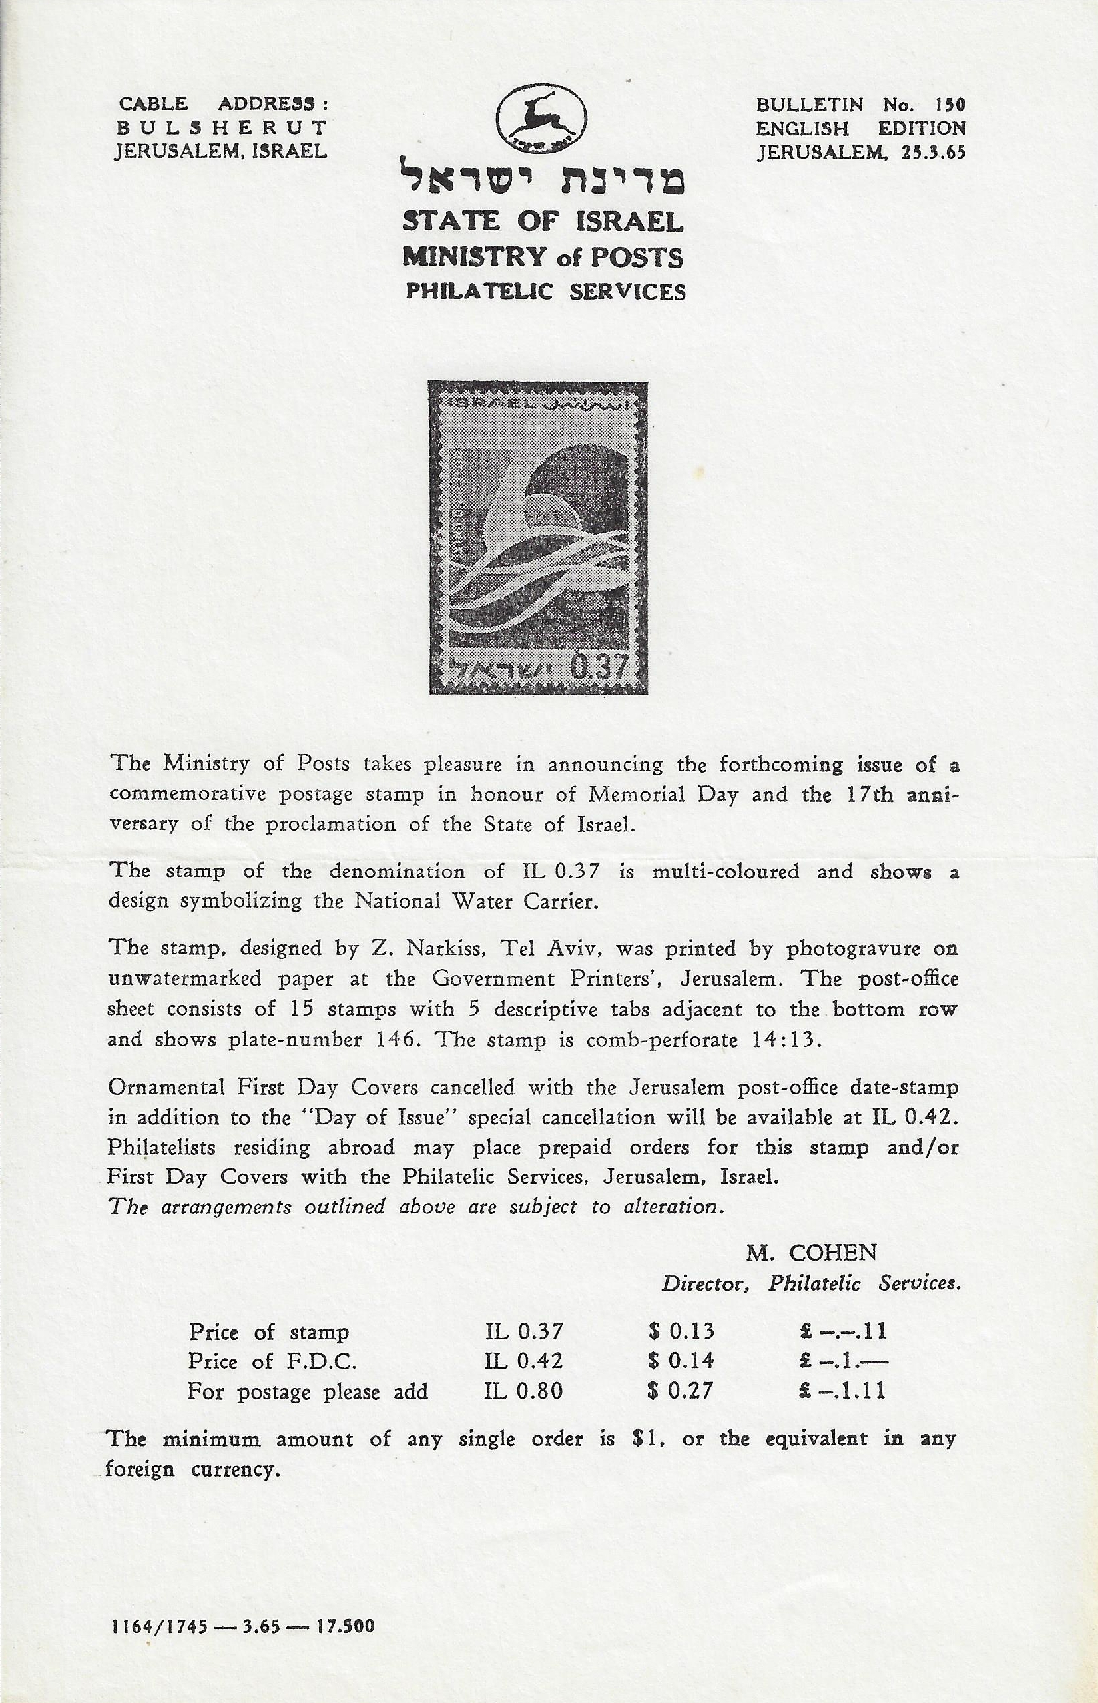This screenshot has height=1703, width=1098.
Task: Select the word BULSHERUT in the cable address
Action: (221, 128)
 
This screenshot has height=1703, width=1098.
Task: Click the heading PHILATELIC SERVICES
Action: (545, 292)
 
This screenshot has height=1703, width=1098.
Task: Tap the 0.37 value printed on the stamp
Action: (599, 669)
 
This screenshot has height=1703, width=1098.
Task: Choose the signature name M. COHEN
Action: (812, 1252)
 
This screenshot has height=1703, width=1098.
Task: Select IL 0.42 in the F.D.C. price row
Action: (523, 1361)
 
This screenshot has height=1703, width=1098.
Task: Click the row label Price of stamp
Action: (269, 1331)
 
